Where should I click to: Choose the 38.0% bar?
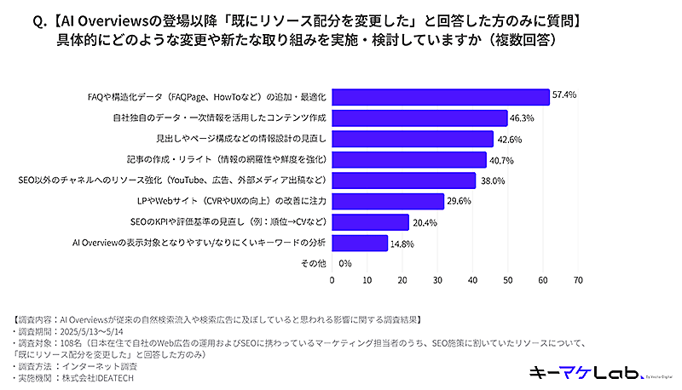pyautogui.click(x=406, y=181)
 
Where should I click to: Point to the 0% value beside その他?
pyautogui.click(x=345, y=264)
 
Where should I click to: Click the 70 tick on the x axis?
pyautogui.click(x=578, y=278)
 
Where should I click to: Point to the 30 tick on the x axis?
pyautogui.click(x=437, y=278)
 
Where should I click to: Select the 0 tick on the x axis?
pyautogui.click(x=332, y=278)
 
